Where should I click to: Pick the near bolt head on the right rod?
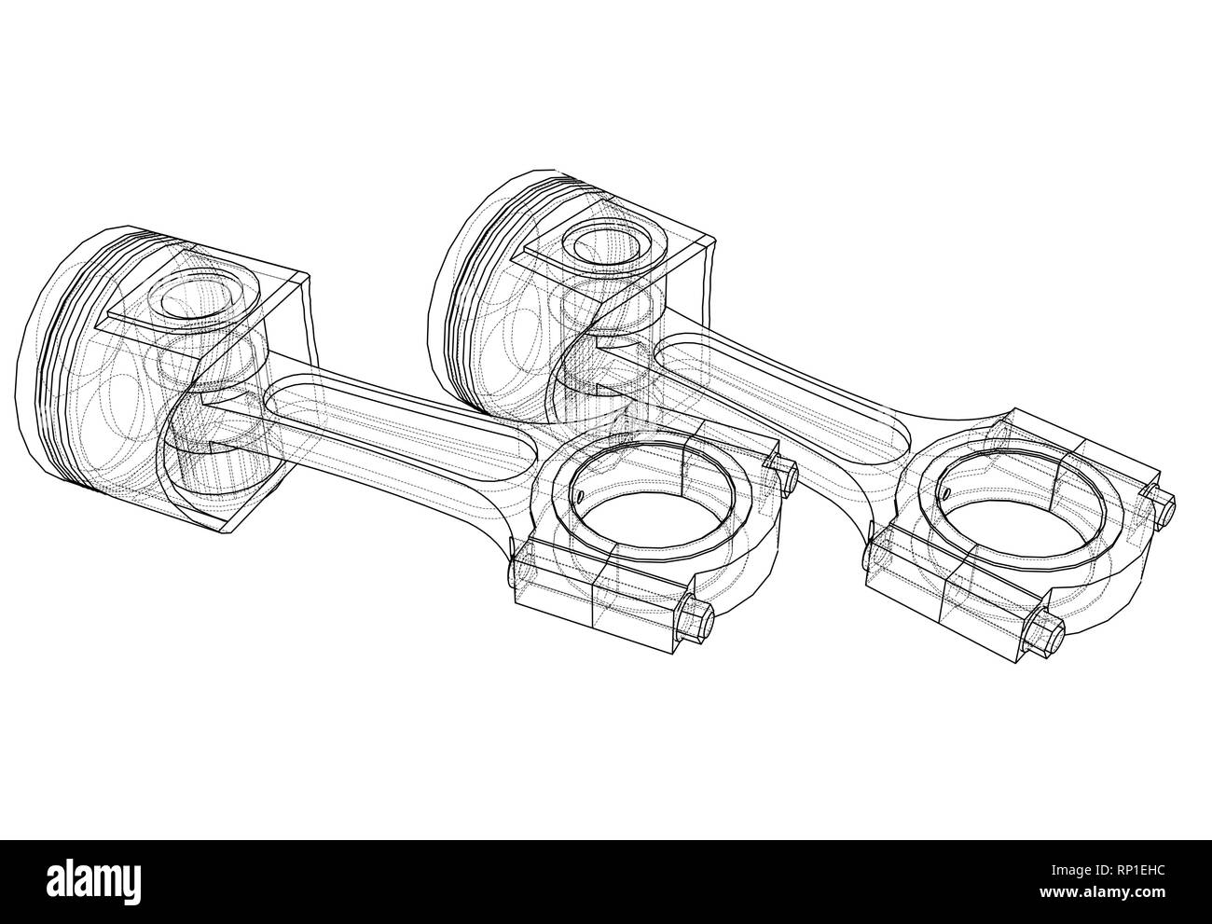point(1045,636)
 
